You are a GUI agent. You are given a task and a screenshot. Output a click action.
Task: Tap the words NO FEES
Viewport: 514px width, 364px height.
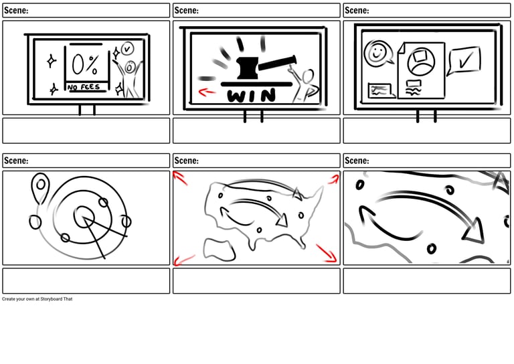click(x=84, y=87)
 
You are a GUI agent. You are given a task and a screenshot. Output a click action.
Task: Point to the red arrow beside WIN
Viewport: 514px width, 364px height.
click(x=207, y=92)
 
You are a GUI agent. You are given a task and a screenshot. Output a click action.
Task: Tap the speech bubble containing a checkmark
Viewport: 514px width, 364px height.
click(x=464, y=60)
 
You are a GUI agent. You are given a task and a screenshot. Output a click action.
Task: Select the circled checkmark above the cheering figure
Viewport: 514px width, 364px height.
click(x=127, y=49)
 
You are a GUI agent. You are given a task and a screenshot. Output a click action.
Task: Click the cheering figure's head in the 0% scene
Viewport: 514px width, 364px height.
click(x=130, y=66)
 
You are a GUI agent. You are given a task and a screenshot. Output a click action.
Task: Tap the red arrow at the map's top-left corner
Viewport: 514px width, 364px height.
click(x=180, y=177)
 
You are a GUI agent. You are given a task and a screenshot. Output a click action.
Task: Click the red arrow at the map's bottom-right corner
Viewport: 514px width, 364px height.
click(x=327, y=254)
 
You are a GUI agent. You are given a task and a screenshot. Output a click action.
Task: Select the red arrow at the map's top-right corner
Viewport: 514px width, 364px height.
click(x=333, y=178)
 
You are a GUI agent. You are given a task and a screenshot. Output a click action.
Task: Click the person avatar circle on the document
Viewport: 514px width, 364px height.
click(x=421, y=62)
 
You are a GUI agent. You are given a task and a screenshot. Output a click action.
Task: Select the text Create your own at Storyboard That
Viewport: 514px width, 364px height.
click(x=37, y=299)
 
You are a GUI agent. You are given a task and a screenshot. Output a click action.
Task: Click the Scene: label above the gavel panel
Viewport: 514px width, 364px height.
click(x=186, y=10)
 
